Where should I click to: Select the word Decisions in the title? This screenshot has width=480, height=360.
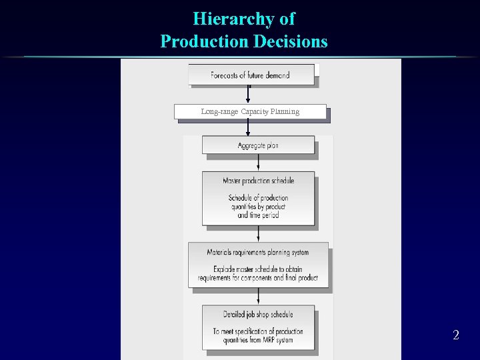coord(291,41)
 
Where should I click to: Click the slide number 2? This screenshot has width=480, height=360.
coord(456,335)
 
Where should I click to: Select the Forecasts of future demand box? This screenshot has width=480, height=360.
coord(251,75)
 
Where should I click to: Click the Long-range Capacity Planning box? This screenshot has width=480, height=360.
coord(250,111)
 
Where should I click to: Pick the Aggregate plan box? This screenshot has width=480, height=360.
coord(258,145)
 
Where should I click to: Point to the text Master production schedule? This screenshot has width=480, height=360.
coord(259,181)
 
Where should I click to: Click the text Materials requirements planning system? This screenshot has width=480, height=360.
coord(258,253)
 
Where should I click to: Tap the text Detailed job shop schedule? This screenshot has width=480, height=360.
coord(258,315)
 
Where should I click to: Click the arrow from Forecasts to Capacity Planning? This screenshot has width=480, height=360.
coord(248,95)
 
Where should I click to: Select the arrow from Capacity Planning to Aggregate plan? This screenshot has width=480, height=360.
coord(248,127)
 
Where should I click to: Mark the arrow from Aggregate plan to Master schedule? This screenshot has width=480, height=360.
coord(259,163)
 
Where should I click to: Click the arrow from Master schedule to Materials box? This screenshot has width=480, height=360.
coord(259,233)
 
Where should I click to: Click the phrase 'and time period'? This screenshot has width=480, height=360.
coord(258,215)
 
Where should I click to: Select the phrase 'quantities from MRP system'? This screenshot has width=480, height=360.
coord(258,340)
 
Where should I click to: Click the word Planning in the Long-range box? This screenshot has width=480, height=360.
coord(285,111)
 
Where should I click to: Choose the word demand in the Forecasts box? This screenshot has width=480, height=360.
coord(277,75)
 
